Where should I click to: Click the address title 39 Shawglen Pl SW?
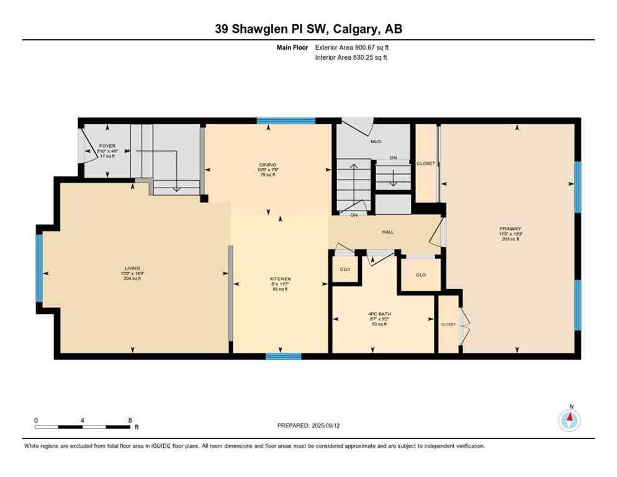[308, 29]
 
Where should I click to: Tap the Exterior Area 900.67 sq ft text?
[352, 47]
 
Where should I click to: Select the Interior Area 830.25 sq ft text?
[351, 57]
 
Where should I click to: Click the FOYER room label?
[107, 146]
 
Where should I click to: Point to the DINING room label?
[268, 165]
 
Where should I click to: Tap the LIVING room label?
[132, 269]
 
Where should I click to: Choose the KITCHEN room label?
[281, 279]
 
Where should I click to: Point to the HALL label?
[387, 232]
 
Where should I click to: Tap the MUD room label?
[376, 141]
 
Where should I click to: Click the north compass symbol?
[569, 420]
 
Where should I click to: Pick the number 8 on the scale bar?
[129, 420]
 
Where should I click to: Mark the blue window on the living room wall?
[38, 272]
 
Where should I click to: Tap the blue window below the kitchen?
[283, 357]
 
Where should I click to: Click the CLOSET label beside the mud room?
[426, 163]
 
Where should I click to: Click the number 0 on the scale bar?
[36, 420]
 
